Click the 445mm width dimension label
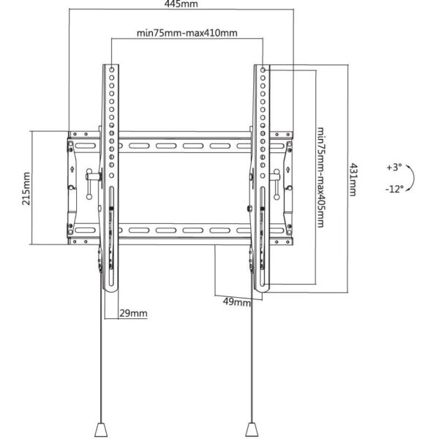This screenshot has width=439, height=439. [181, 4]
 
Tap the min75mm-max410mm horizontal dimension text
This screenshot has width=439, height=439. [187, 33]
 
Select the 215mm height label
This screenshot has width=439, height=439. [26, 189]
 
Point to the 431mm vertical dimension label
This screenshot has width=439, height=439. [353, 179]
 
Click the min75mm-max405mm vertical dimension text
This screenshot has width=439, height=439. [320, 178]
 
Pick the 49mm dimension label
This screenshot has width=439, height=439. [237, 302]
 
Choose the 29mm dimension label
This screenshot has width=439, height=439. [133, 313]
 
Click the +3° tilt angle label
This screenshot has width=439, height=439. [394, 168]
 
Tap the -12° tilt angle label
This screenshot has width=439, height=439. [394, 189]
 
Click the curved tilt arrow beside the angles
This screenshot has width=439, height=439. [413, 178]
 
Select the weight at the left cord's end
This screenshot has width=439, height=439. [101, 429]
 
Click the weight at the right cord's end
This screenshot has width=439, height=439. [252, 429]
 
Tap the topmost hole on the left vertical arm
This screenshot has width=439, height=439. [112, 70]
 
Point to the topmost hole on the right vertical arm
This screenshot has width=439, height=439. [263, 70]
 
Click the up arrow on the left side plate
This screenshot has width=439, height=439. [72, 170]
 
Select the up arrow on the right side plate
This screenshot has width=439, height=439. [288, 170]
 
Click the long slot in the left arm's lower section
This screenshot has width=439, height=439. [111, 236]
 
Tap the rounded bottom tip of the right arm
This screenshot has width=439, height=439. [261, 290]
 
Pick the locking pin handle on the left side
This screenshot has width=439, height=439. [89, 184]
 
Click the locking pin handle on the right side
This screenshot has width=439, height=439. [277, 184]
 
